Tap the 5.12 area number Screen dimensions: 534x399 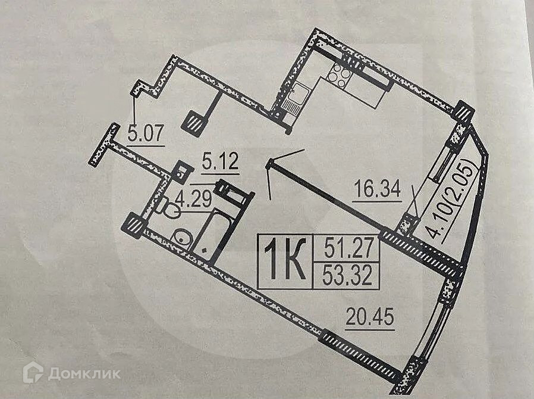pos(220,161)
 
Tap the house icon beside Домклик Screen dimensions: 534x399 pos(33,373)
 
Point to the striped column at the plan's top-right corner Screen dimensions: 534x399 pos(464,113)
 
